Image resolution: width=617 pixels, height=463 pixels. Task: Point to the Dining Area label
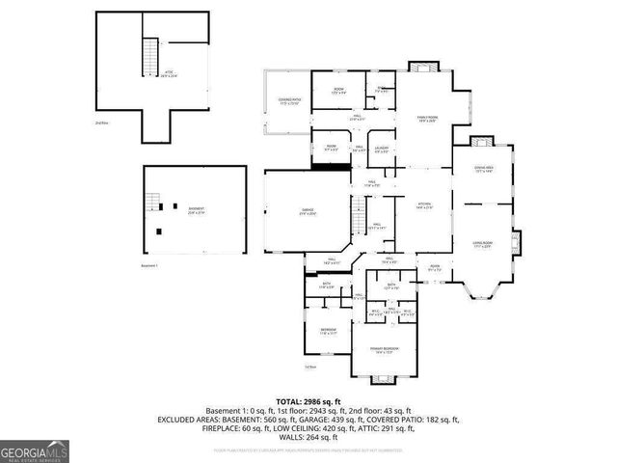pos(483,170)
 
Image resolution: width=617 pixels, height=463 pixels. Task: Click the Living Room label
pos(482,245)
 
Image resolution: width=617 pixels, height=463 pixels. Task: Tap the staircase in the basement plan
pos(151,204)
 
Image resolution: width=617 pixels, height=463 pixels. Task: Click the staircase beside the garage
pos(358,216)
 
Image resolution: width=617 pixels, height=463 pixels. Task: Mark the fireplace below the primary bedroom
pos(384,378)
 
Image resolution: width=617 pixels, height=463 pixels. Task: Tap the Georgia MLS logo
pos(35,451)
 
